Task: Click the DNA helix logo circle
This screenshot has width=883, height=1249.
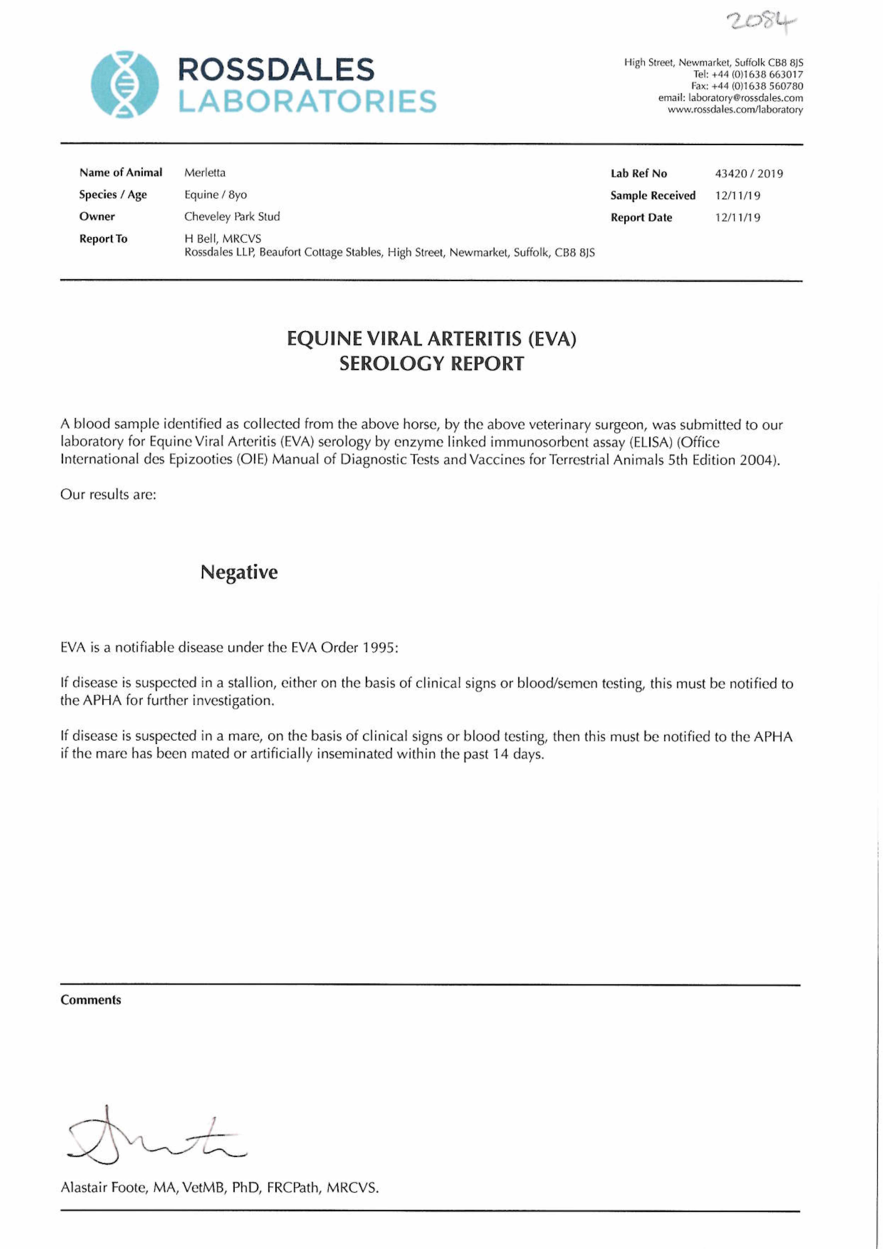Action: coord(125,84)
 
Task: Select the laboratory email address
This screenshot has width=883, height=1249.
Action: coord(746,98)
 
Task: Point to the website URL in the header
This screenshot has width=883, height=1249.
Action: coord(735,110)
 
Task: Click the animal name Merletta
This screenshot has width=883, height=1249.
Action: coord(205,173)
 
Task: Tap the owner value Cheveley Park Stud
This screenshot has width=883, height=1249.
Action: coord(232,217)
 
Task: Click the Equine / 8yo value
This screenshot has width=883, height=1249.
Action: coord(216,195)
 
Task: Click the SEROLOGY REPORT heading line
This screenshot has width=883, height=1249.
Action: coord(431,363)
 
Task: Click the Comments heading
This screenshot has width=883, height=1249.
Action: coord(91,1000)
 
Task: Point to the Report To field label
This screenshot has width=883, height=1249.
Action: coord(103,239)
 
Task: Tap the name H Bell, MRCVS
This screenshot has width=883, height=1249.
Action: coord(223,239)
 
